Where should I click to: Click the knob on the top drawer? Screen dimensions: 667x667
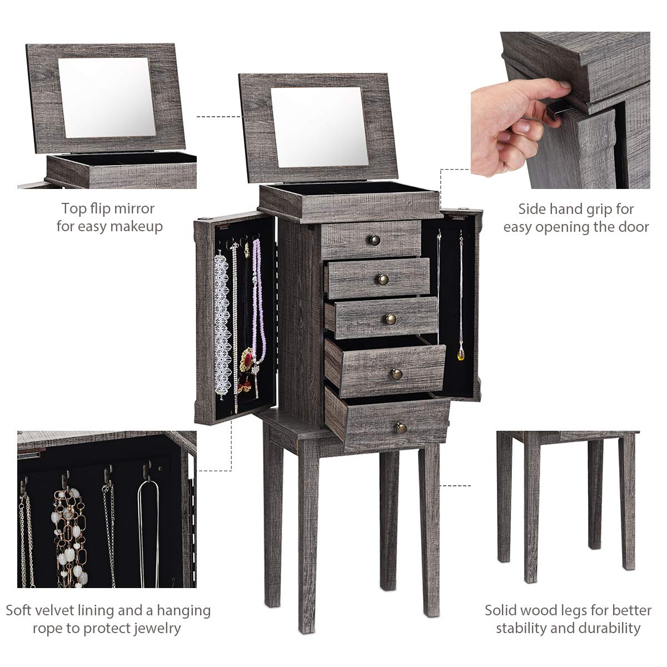pos(374,240)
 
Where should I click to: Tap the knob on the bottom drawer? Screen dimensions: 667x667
pos(401,427)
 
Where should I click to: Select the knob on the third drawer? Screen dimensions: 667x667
pos(391,318)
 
